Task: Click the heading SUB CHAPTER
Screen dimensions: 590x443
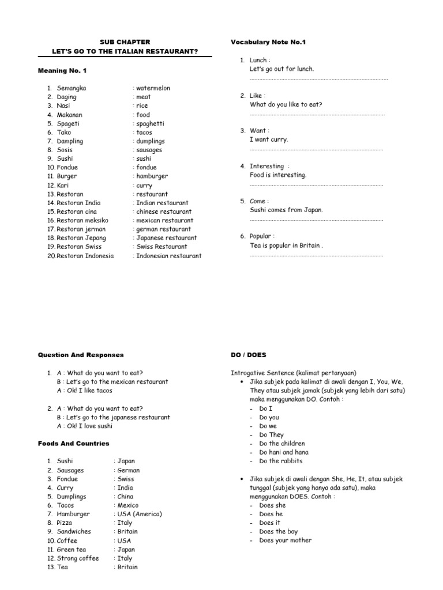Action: tap(125, 42)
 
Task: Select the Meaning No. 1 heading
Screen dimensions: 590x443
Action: tap(62, 70)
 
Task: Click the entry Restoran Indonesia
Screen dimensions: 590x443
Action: tap(85, 256)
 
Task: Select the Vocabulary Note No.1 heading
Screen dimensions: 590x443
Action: tap(268, 42)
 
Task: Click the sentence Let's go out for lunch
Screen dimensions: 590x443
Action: tap(281, 69)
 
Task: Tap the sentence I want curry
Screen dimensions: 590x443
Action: tap(268, 139)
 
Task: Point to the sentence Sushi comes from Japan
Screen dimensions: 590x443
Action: tap(286, 210)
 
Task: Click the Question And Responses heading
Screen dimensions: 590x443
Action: tap(81, 355)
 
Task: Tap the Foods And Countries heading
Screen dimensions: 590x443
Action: tap(73, 444)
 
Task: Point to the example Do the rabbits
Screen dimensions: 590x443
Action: tap(280, 461)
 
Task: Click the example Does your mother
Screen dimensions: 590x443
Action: tap(285, 540)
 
